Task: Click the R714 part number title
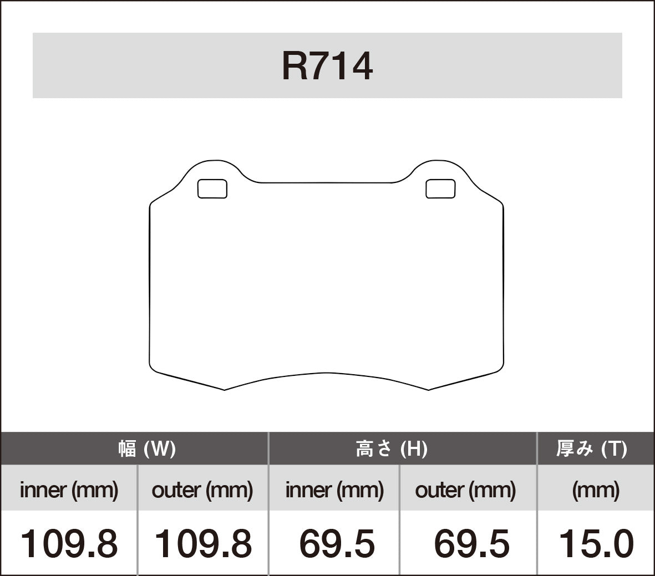pyautogui.click(x=327, y=66)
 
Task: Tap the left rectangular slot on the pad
pyautogui.click(x=212, y=189)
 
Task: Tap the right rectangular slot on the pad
pyautogui.click(x=440, y=189)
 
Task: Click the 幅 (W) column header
pyautogui.click(x=147, y=448)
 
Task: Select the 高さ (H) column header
pyautogui.click(x=392, y=448)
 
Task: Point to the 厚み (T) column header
pyautogui.click(x=592, y=448)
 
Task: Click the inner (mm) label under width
pyautogui.click(x=69, y=490)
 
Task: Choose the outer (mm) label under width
pyautogui.click(x=202, y=490)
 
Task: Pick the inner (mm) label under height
pyautogui.click(x=334, y=490)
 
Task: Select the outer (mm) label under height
pyautogui.click(x=465, y=490)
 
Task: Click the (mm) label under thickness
pyautogui.click(x=596, y=490)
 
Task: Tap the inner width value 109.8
pyautogui.click(x=69, y=543)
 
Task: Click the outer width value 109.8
pyautogui.click(x=202, y=543)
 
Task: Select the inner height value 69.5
pyautogui.click(x=337, y=543)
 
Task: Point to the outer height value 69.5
pyautogui.click(x=471, y=543)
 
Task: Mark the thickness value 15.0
pyautogui.click(x=596, y=543)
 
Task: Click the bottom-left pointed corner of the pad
pyautogui.click(x=224, y=390)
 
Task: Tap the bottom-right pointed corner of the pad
pyautogui.click(x=429, y=390)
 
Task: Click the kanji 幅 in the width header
pyautogui.click(x=127, y=448)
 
